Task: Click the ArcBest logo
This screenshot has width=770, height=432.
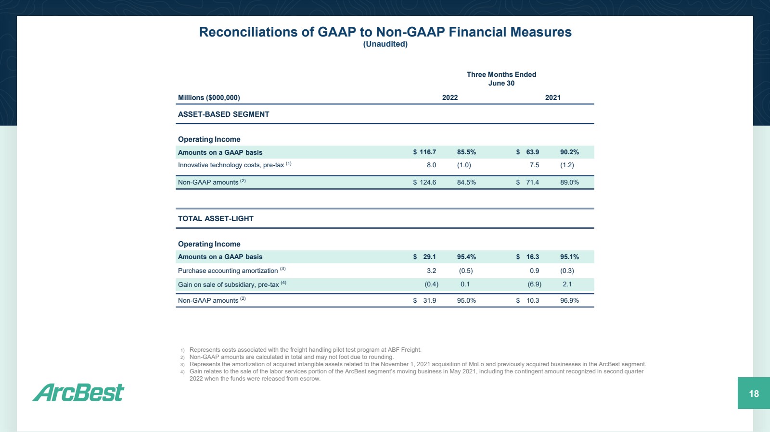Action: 78,393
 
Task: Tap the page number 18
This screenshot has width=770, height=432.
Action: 754,394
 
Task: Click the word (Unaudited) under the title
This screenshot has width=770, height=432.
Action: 385,44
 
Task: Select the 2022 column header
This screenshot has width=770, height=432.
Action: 450,98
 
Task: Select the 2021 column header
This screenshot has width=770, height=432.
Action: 552,98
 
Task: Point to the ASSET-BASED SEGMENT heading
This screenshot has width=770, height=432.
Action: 223,114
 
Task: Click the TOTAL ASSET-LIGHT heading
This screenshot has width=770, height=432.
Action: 216,219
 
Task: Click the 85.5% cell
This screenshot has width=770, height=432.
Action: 466,152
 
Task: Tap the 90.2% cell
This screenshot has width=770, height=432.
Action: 569,152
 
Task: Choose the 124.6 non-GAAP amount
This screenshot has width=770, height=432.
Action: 427,183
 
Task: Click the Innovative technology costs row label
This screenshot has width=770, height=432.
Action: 231,165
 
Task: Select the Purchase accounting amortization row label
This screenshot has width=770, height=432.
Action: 228,271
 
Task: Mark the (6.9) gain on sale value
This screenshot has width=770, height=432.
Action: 534,284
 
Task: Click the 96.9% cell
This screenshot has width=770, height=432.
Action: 569,301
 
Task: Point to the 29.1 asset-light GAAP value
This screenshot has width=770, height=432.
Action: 429,257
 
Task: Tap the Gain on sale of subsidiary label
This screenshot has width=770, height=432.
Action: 228,285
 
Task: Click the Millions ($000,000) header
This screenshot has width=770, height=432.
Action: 209,98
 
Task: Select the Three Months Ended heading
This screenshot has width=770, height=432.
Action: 501,74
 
